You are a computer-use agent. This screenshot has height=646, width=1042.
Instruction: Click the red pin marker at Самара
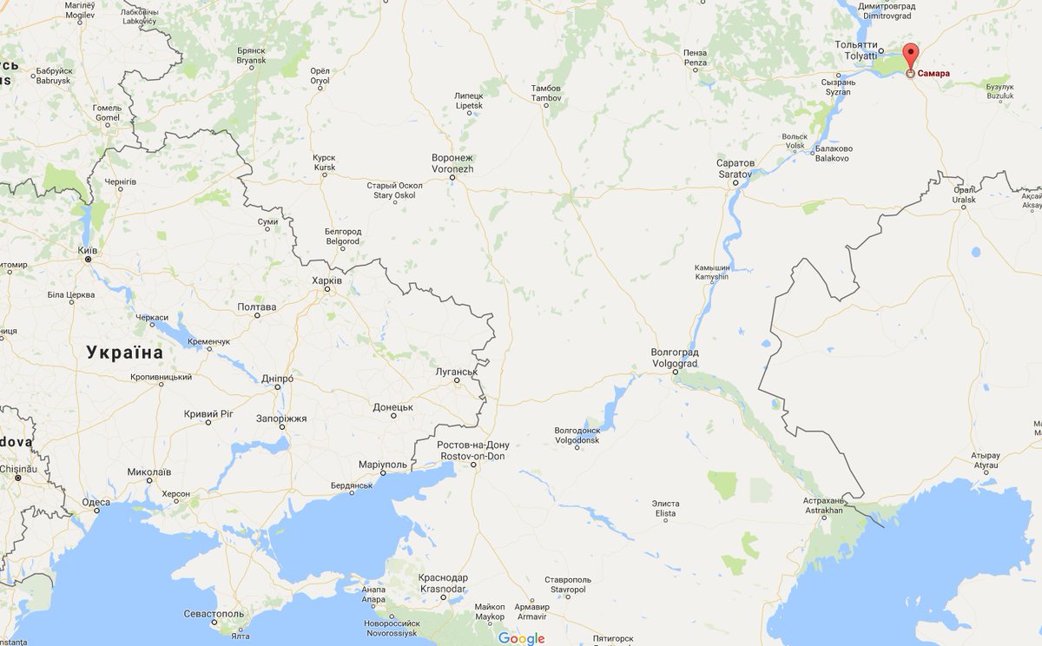coord(910,56)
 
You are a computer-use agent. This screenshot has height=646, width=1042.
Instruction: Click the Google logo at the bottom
coord(521,638)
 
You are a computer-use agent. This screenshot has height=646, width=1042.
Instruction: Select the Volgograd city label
coord(675,358)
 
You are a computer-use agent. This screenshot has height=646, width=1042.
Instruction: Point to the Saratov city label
coord(735,168)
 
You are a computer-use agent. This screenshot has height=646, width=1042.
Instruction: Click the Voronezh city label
coord(452,163)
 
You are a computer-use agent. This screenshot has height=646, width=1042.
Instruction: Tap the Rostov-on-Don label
coord(474,451)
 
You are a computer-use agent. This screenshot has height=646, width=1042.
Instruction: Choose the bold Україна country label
coord(124,353)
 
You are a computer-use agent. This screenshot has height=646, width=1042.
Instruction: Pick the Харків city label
coord(326,280)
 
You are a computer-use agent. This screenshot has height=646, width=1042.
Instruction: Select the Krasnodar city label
coord(444,583)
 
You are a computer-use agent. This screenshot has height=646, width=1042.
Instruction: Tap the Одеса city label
coord(96,502)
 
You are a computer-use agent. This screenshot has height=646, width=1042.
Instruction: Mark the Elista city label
coord(665,508)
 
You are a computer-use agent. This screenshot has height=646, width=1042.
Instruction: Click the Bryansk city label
coord(252,56)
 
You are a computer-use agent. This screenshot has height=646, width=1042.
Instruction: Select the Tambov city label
coord(546,93)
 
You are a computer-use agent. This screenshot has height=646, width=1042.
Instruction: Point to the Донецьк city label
coord(392,406)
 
